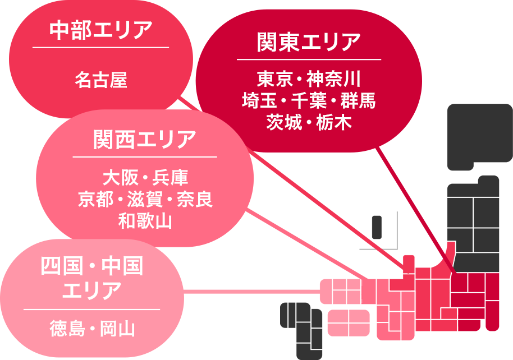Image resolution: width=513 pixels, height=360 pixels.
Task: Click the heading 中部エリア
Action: pos(101,30)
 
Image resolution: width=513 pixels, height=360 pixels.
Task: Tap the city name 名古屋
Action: pos(101,80)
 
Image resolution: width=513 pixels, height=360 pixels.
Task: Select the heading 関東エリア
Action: pos(309,42)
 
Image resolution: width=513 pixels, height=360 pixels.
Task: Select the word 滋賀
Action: pos(145,200)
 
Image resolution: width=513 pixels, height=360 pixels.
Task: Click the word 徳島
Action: pos(67,329)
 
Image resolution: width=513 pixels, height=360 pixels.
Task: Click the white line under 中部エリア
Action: pos(101,48)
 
